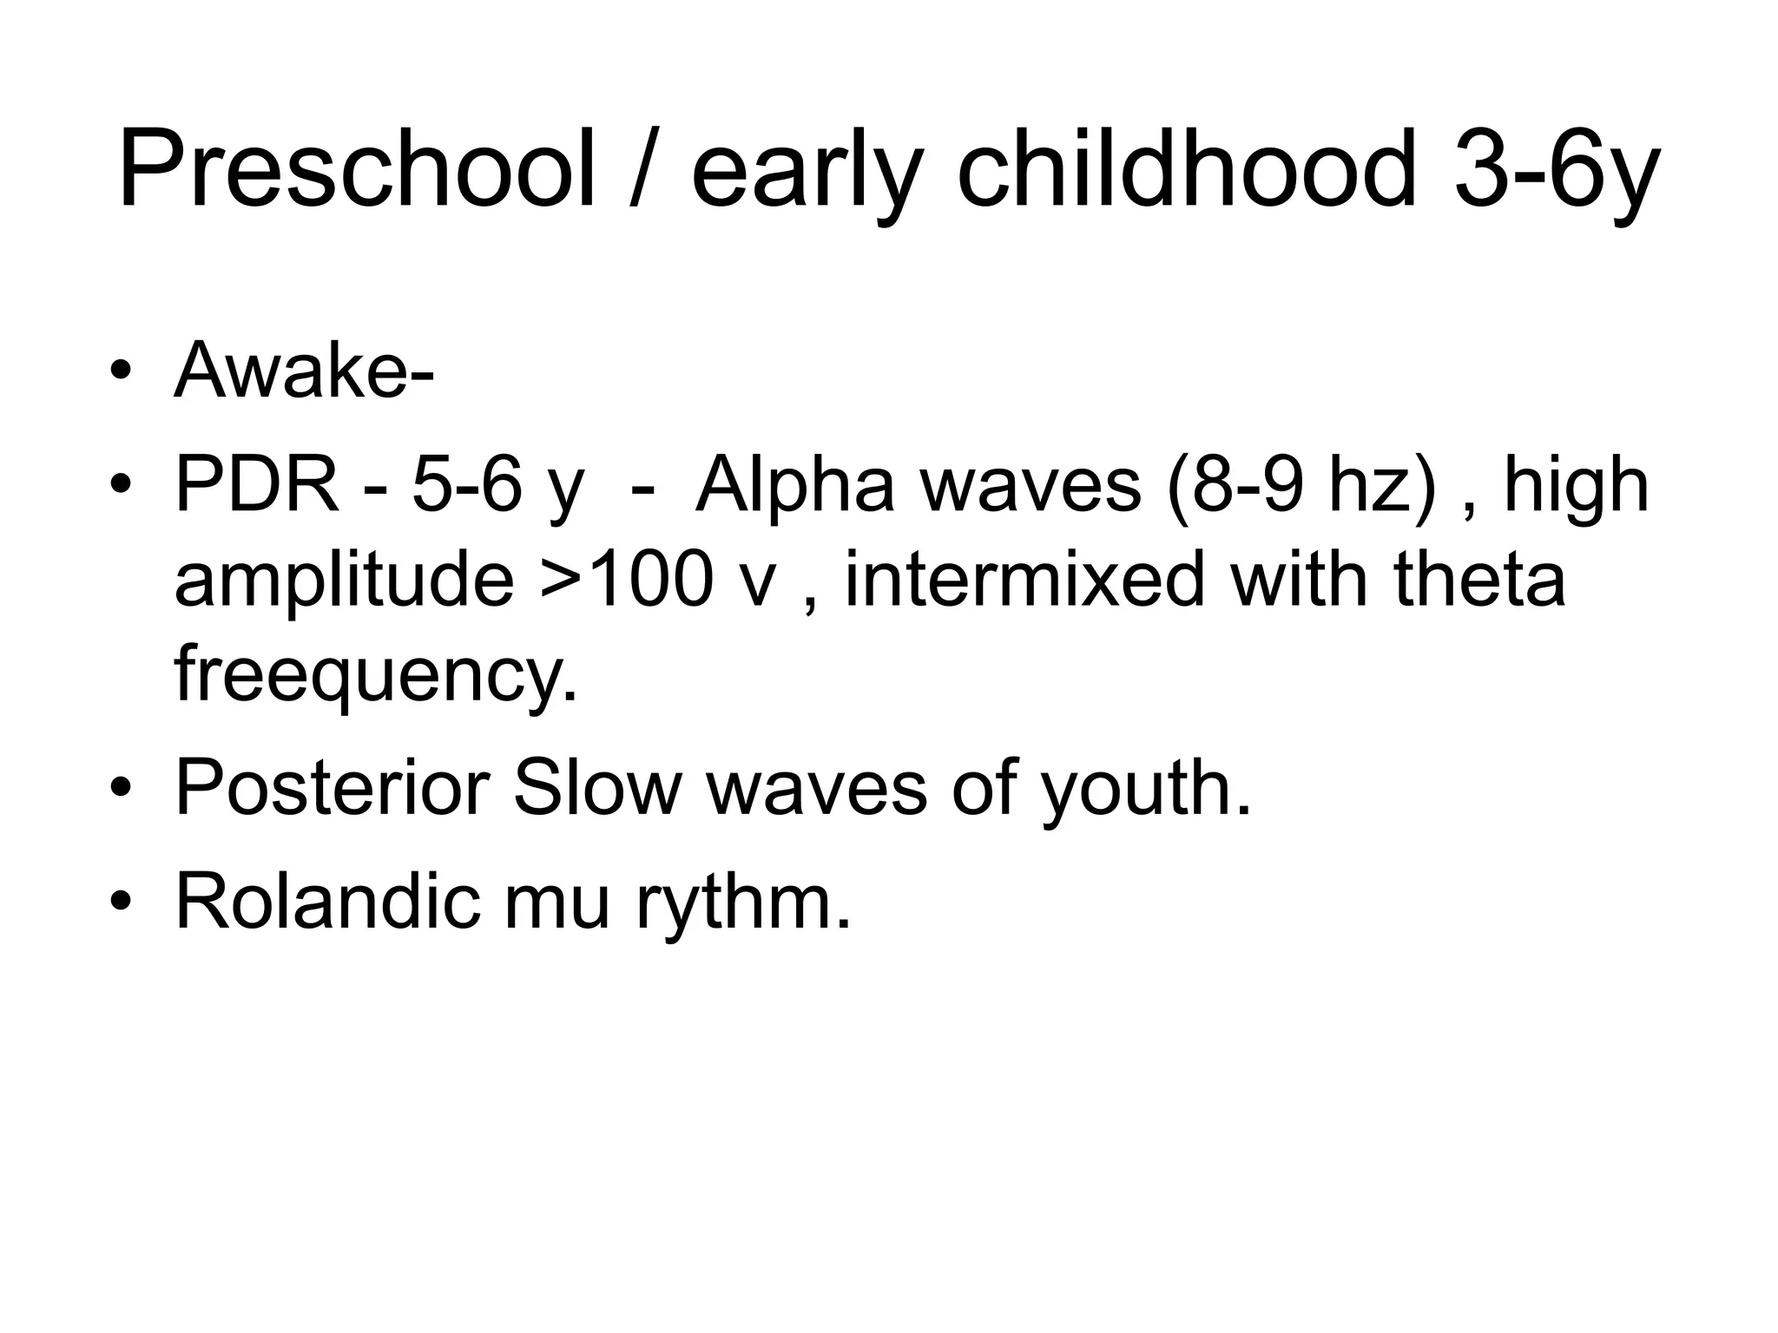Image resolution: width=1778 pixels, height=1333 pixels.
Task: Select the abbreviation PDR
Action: pyautogui.click(x=256, y=486)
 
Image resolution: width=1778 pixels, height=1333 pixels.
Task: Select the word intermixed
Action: pyautogui.click(x=1024, y=579)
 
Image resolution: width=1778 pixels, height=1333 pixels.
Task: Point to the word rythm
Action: pyautogui.click(x=743, y=903)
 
